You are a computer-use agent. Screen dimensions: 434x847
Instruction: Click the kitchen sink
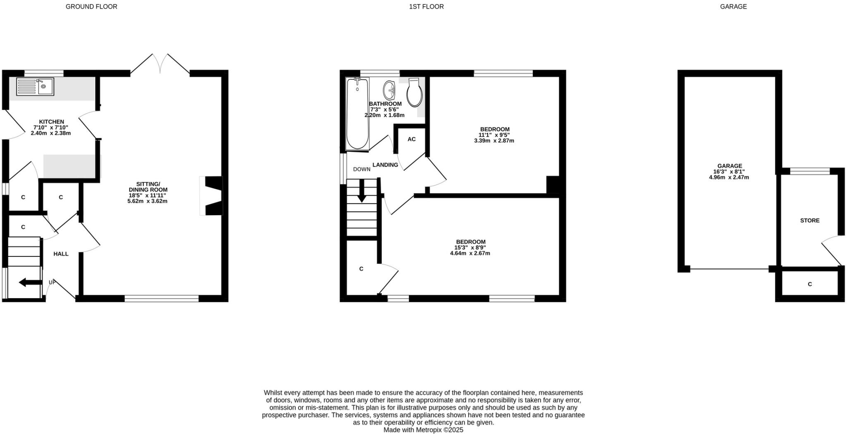(35, 87)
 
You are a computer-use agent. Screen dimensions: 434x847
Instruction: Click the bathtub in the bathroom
(357, 114)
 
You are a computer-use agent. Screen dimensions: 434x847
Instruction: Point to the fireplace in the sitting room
(213, 196)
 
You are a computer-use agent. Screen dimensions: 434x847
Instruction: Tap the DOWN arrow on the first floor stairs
(361, 192)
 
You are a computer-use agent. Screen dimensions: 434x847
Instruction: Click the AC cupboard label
(412, 139)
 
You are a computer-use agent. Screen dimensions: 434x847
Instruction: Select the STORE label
(809, 221)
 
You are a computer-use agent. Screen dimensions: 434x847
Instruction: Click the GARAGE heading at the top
(733, 7)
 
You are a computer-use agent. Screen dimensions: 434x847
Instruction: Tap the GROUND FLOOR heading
(91, 7)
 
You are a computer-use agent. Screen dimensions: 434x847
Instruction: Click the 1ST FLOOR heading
(426, 7)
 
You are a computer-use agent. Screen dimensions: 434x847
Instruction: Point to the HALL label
(61, 254)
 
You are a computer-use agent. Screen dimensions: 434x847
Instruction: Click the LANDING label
(385, 165)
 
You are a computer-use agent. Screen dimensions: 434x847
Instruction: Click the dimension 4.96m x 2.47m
(729, 178)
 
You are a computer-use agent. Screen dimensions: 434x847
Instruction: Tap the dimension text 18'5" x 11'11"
(147, 195)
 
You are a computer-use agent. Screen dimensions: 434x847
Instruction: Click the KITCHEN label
(51, 122)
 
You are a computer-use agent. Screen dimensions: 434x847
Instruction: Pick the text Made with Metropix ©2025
(423, 430)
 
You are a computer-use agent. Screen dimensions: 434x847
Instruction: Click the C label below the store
(809, 284)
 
